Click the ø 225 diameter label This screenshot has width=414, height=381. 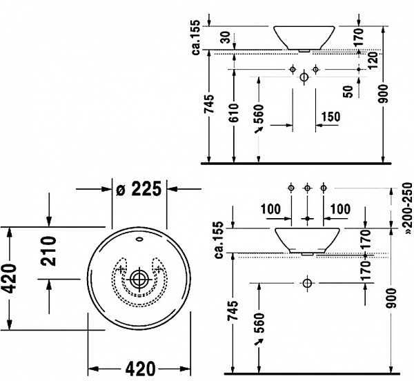coord(139,188)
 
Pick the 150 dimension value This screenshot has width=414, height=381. coord(331,117)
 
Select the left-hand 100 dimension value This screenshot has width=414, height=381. coord(272,209)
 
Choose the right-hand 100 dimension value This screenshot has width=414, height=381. coord(341,209)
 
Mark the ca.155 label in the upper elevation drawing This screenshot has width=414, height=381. coord(198,40)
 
